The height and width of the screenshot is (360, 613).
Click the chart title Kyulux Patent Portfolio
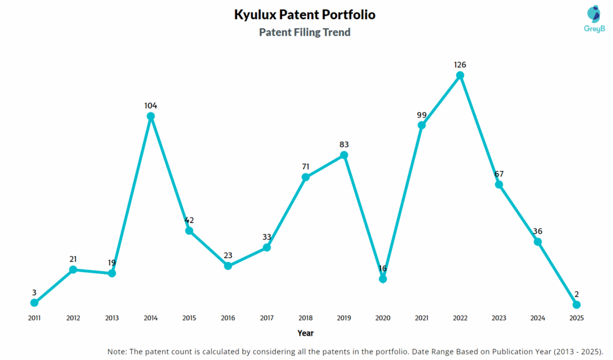click(305, 14)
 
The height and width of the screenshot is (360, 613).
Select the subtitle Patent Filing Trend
click(305, 32)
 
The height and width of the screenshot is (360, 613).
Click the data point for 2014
click(151, 116)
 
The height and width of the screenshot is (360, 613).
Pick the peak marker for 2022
click(460, 75)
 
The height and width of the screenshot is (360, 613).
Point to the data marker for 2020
click(383, 279)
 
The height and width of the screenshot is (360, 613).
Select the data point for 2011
click(34, 302)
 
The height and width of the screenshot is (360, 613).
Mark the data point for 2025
click(576, 304)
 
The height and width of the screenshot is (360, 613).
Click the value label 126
click(460, 65)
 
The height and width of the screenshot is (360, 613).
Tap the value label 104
click(151, 105)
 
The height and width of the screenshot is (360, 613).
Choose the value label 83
click(344, 144)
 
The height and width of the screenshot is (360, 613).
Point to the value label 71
click(305, 166)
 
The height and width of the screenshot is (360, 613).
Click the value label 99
click(421, 114)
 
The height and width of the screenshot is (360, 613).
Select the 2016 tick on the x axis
click(228, 318)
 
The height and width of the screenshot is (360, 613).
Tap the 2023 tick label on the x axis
click(499, 318)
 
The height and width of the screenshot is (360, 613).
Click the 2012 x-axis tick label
click(73, 318)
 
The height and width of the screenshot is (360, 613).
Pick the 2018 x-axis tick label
click(305, 318)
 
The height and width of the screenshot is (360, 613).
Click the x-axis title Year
click(305, 333)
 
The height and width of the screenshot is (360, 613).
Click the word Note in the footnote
click(117, 351)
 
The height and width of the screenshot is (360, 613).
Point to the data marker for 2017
click(267, 247)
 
